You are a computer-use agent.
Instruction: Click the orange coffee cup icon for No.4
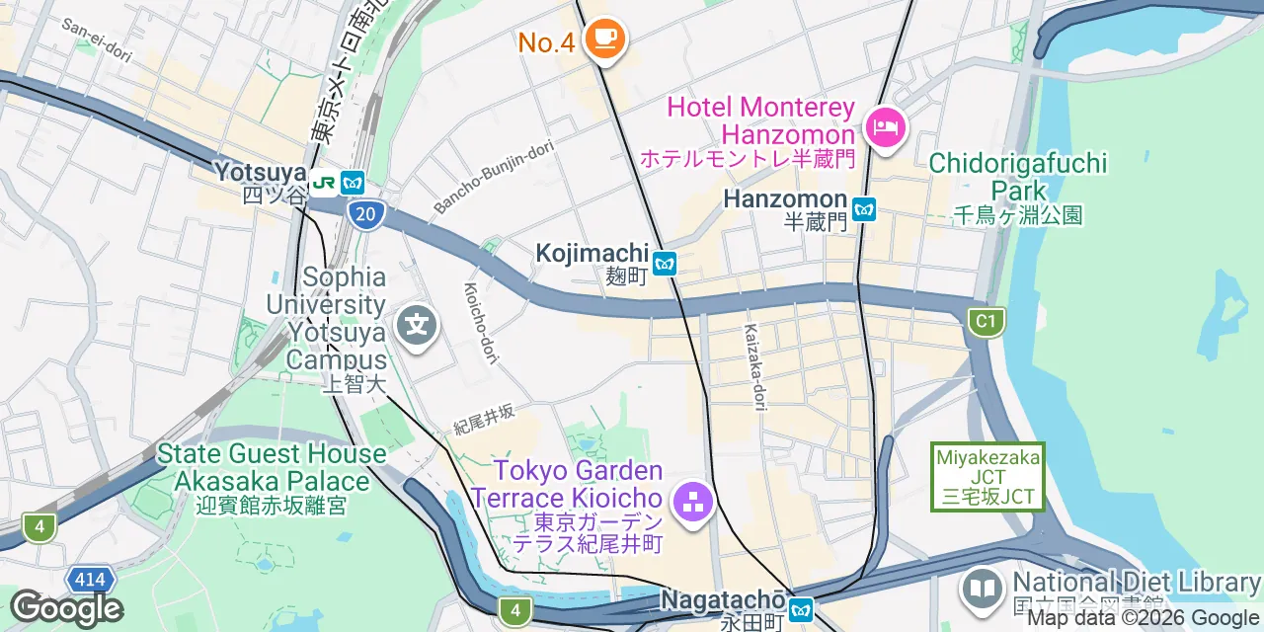pos(603,39)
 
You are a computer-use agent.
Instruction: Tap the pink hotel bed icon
pos(885,128)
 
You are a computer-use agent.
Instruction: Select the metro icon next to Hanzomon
pos(865,209)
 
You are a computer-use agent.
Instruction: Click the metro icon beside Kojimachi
pos(665,264)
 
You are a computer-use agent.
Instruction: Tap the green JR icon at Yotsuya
pos(323,183)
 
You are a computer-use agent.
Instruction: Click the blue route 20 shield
pos(365,214)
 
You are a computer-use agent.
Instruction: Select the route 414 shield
pos(90,580)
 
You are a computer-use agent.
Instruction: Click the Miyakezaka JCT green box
pos(987,477)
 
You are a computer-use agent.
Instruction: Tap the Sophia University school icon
pos(417,324)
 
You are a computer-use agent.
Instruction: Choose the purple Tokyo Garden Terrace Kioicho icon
pos(693,502)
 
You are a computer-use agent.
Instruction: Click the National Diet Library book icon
pos(982,589)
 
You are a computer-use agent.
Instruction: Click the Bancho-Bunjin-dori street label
pos(493,177)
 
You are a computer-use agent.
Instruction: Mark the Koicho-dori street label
pos(482,322)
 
